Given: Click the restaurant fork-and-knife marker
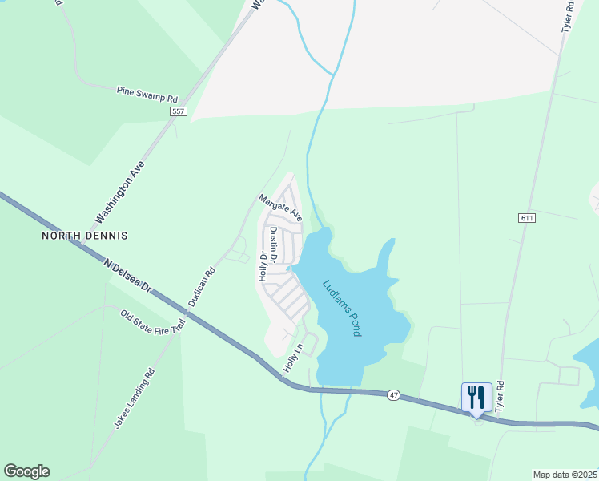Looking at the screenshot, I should [476, 396].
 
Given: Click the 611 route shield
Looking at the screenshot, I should [526, 218].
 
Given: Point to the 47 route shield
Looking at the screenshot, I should [392, 395].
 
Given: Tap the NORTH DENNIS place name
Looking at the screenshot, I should [85, 236].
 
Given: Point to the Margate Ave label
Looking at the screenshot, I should [280, 208].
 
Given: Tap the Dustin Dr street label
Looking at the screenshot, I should [273, 245].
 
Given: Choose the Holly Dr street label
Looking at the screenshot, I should [262, 265].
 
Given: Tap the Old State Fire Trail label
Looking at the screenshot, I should [153, 323].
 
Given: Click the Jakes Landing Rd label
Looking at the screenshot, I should [133, 398].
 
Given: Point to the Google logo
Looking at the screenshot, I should [26, 471].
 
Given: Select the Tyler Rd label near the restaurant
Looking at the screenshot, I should [501, 397].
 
